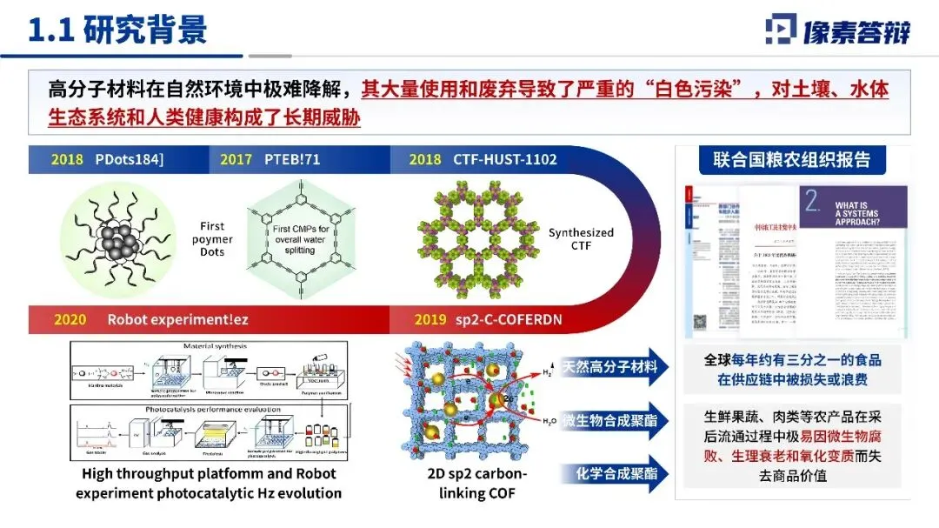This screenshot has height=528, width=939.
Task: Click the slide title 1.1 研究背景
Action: [x=118, y=30]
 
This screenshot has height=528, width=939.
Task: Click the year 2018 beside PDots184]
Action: [x=67, y=159]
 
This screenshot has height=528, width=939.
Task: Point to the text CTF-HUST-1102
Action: [x=504, y=159]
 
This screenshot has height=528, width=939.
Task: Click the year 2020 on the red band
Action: [x=70, y=319]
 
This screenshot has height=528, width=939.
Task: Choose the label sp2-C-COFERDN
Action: [x=507, y=319]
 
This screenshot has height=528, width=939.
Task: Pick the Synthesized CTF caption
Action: [x=581, y=239]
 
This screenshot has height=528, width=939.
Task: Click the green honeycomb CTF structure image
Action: [x=470, y=235]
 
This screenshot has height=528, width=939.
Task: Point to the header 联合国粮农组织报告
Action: [x=791, y=160]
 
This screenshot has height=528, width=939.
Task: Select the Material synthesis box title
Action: [x=216, y=345]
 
